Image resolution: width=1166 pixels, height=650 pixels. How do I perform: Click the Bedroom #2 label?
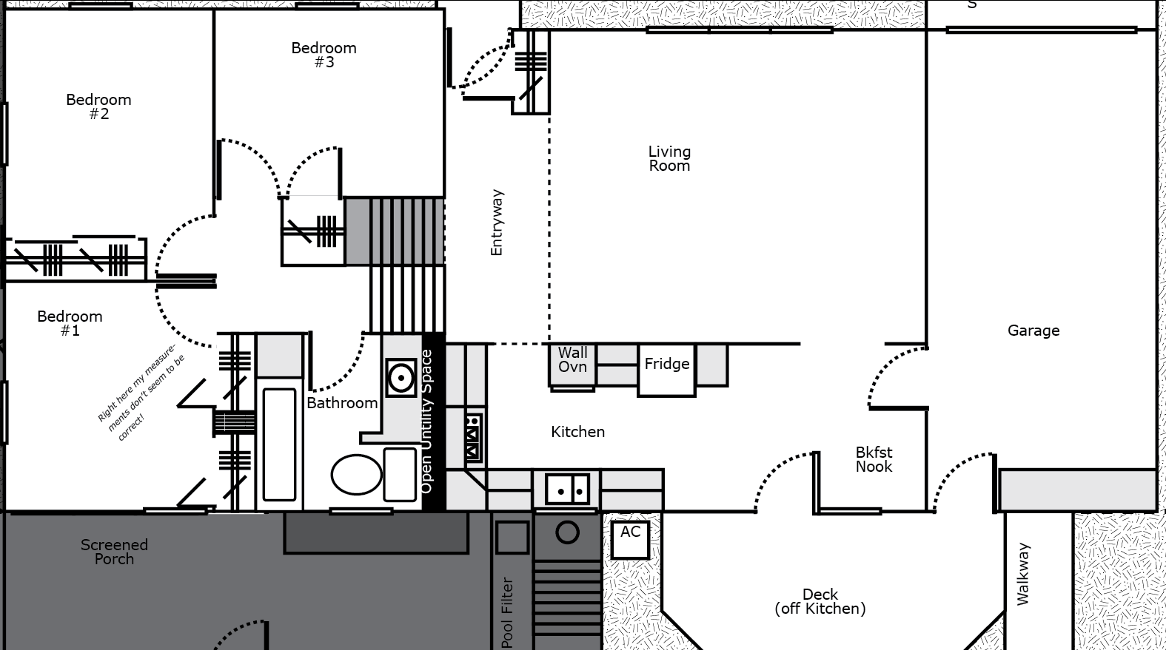[x=99, y=106]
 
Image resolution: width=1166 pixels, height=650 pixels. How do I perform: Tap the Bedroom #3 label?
[x=324, y=55]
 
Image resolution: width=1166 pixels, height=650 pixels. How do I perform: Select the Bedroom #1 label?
[x=70, y=323]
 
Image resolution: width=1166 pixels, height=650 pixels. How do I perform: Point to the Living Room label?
[x=669, y=158]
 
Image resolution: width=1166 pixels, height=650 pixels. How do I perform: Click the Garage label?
[x=1033, y=331]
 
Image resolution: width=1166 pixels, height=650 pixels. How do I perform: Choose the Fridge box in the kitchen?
[x=667, y=370]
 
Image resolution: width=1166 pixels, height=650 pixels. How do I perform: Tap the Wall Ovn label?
[x=572, y=360]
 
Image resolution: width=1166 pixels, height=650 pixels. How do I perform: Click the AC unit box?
[x=630, y=540]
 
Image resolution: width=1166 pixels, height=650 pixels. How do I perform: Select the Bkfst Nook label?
[x=874, y=460]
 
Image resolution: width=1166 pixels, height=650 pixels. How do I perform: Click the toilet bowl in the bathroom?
[x=357, y=474]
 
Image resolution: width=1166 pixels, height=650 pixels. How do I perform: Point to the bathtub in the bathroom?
[x=280, y=444]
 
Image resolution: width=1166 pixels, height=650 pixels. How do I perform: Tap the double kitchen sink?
[x=567, y=490]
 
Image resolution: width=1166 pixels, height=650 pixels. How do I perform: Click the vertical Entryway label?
[x=497, y=223]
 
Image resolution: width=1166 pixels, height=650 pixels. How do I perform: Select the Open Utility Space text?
[x=426, y=422]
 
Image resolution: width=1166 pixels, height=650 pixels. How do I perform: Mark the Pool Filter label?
[x=508, y=613]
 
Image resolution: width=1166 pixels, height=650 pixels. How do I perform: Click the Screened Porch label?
[x=115, y=552]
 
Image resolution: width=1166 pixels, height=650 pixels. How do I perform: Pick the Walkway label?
[x=1023, y=574]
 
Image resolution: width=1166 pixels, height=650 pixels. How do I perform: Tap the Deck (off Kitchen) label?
[x=820, y=602]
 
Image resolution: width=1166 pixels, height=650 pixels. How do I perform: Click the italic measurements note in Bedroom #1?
[x=141, y=393]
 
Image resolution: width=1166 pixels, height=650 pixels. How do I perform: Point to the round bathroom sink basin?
[x=401, y=378]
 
